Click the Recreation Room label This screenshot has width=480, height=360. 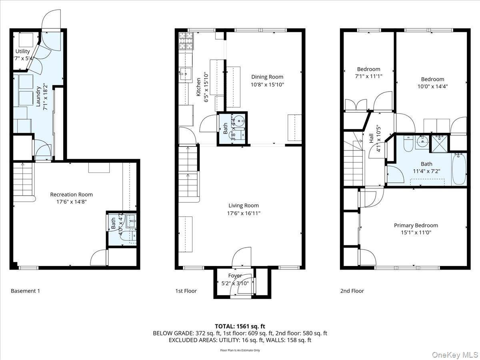(x=71, y=194)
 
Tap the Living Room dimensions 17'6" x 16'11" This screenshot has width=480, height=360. (x=244, y=213)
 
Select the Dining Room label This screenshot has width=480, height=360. (x=267, y=77)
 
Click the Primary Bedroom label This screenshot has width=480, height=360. (x=416, y=225)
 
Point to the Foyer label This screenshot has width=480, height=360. (x=235, y=276)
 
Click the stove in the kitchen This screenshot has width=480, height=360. (x=186, y=40)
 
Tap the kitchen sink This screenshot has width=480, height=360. (x=185, y=73)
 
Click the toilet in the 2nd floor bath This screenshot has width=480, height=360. (x=408, y=144)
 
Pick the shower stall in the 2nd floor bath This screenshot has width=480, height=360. (x=439, y=144)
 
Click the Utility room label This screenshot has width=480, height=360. (x=22, y=52)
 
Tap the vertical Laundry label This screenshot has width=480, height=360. (x=39, y=96)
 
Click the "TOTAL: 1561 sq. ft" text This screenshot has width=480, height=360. (x=240, y=326)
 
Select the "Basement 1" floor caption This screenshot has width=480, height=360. (x=25, y=291)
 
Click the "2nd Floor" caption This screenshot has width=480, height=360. (x=352, y=291)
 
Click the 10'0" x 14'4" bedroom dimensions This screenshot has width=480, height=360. (x=432, y=86)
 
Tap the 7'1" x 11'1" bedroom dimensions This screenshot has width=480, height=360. (x=368, y=76)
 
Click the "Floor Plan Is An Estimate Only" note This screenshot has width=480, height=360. (x=240, y=350)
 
